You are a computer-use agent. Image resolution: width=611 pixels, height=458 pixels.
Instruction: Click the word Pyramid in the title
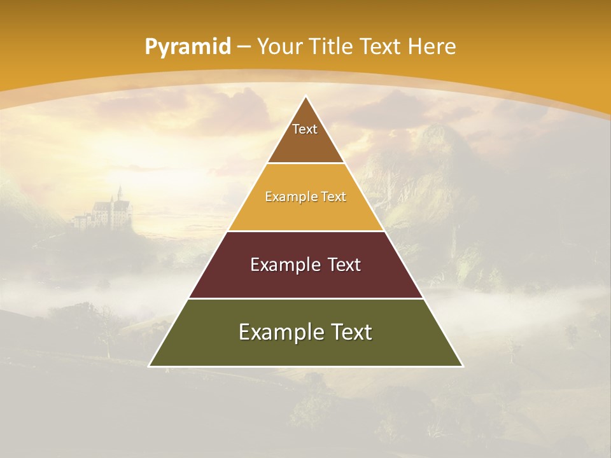coord(187,47)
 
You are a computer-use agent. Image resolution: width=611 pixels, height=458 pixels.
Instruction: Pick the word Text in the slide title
coord(381,47)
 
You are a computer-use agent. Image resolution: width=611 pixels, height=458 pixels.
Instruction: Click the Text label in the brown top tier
coord(305,129)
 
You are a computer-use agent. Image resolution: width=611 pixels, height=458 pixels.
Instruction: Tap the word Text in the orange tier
coord(334,197)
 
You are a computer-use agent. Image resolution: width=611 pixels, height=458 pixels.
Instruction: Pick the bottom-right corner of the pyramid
coord(462,366)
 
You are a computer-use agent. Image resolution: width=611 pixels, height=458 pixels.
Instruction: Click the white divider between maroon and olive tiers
coord(306,298)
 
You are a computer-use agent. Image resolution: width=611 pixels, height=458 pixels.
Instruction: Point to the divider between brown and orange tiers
coord(306,163)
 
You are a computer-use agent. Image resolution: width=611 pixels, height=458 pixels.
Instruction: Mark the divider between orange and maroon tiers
coord(306,231)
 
